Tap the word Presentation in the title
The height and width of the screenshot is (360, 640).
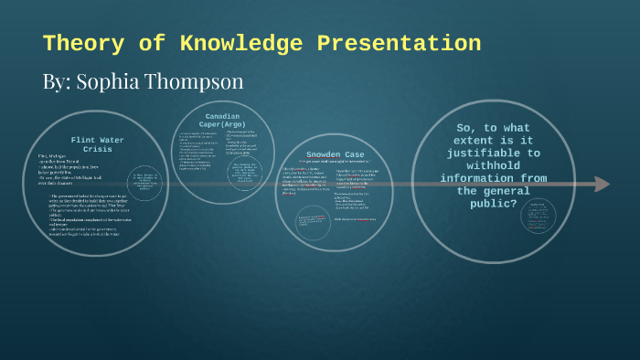point(399,43)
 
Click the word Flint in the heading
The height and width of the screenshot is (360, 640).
point(81,140)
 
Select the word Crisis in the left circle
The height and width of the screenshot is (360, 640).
point(97,149)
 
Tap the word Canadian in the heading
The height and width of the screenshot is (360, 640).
point(221,117)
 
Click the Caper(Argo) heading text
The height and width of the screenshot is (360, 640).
point(222,125)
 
